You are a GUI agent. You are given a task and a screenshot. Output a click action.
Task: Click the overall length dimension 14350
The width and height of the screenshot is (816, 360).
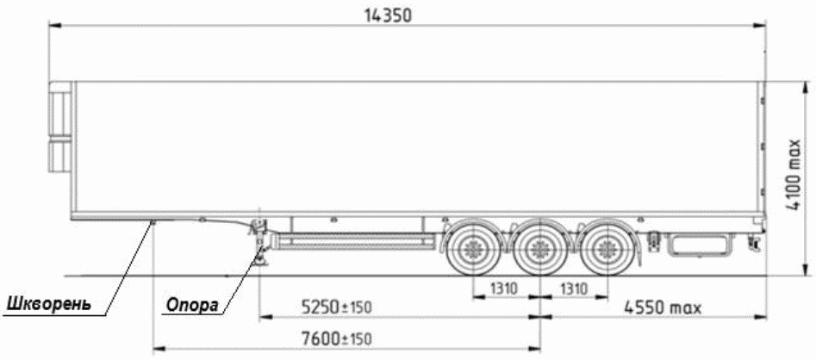point(387,16)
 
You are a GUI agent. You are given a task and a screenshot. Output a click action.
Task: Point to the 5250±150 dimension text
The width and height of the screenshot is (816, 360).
point(337,307)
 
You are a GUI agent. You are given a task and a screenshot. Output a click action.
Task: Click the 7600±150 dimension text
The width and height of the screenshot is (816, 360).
point(337,338)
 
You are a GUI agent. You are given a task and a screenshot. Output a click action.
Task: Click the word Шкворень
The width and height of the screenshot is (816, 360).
point(49,303)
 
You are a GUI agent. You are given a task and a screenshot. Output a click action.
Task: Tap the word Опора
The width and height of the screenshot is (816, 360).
point(192,306)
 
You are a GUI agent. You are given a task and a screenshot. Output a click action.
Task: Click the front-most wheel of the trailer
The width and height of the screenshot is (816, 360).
point(472,249)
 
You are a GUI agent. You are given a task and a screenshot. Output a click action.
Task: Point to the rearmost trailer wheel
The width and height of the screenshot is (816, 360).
point(607,249)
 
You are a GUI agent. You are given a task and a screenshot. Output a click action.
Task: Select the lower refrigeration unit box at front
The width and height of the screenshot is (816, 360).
point(60,156)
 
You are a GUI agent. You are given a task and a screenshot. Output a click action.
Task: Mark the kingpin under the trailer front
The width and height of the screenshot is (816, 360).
point(153,223)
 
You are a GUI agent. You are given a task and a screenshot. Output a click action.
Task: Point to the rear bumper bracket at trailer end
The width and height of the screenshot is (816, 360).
point(752,241)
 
